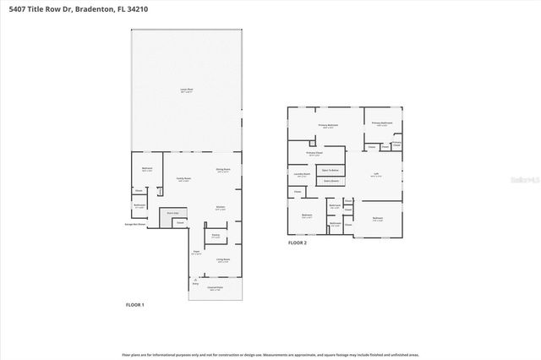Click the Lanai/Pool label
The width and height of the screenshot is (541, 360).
coord(184,89)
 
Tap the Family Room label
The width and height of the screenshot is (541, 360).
coord(183,179)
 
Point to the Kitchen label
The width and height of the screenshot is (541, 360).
coord(220,208)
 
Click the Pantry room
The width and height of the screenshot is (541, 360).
coord(216,236)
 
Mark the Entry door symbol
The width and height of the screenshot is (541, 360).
coord(196,278)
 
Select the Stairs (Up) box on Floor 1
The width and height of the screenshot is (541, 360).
coord(174,213)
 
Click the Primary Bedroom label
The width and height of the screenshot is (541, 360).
coord(329,126)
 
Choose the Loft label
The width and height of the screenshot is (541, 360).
coord(376,175)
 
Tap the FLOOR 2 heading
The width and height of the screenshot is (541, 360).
coord(298,243)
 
